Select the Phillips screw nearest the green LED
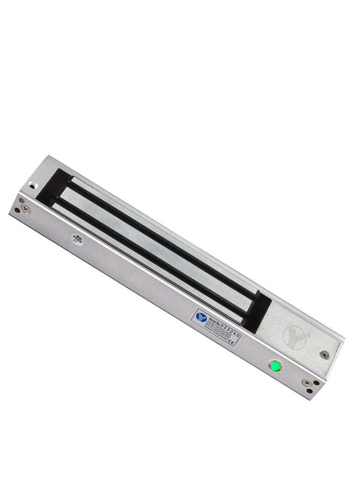coord(307,383)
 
